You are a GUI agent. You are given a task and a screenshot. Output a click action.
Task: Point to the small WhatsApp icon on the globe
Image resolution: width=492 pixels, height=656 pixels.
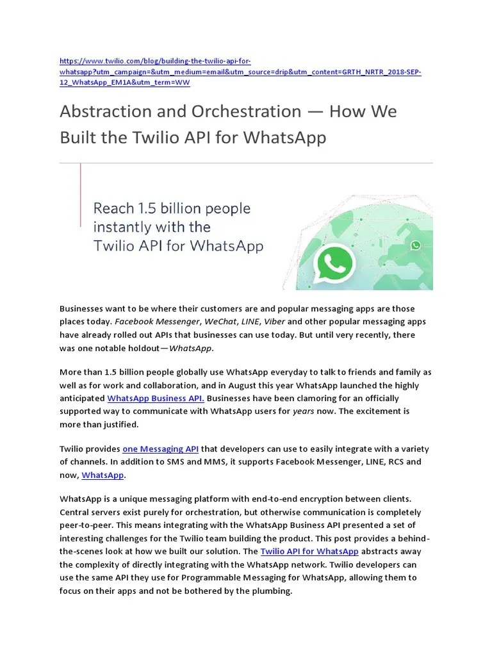(416, 245)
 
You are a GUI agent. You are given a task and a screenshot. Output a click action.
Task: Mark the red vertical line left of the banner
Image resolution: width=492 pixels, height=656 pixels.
(81, 195)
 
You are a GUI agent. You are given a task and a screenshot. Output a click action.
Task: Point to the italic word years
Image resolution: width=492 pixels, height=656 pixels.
(303, 411)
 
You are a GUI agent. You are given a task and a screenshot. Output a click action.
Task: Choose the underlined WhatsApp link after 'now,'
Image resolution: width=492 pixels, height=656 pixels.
(102, 475)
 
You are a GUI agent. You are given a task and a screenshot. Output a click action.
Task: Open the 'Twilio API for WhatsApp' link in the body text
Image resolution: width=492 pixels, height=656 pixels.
(309, 551)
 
